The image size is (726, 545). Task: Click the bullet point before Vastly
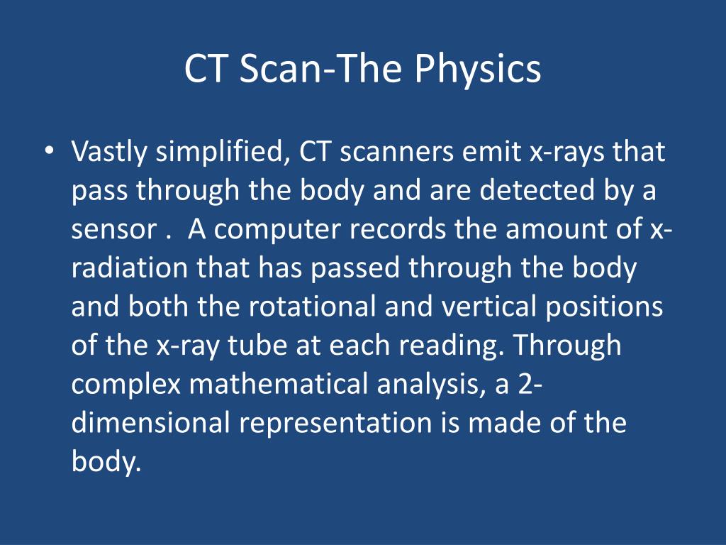coord(48,152)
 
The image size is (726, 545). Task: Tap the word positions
coord(606,308)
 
